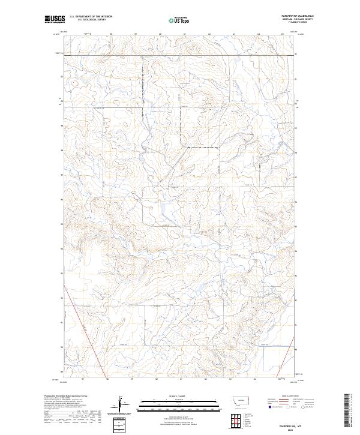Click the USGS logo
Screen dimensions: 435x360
[55, 20]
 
